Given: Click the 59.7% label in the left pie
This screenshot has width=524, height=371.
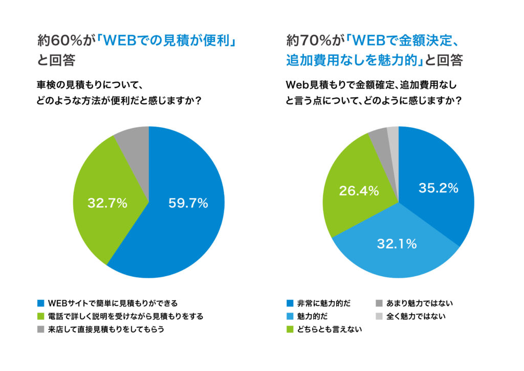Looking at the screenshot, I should click(188, 203).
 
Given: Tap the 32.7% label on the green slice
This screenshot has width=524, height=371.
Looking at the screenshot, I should click(107, 203).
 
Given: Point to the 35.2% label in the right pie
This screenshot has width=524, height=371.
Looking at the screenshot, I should click(438, 188).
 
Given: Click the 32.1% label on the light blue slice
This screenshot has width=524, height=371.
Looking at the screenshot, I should click(397, 244).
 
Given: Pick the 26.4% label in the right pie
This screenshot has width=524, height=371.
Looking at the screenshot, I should click(359, 191).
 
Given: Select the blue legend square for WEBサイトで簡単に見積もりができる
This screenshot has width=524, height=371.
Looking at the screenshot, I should click(41, 303).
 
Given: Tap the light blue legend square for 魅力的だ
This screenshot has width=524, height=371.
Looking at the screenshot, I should click(290, 316).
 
